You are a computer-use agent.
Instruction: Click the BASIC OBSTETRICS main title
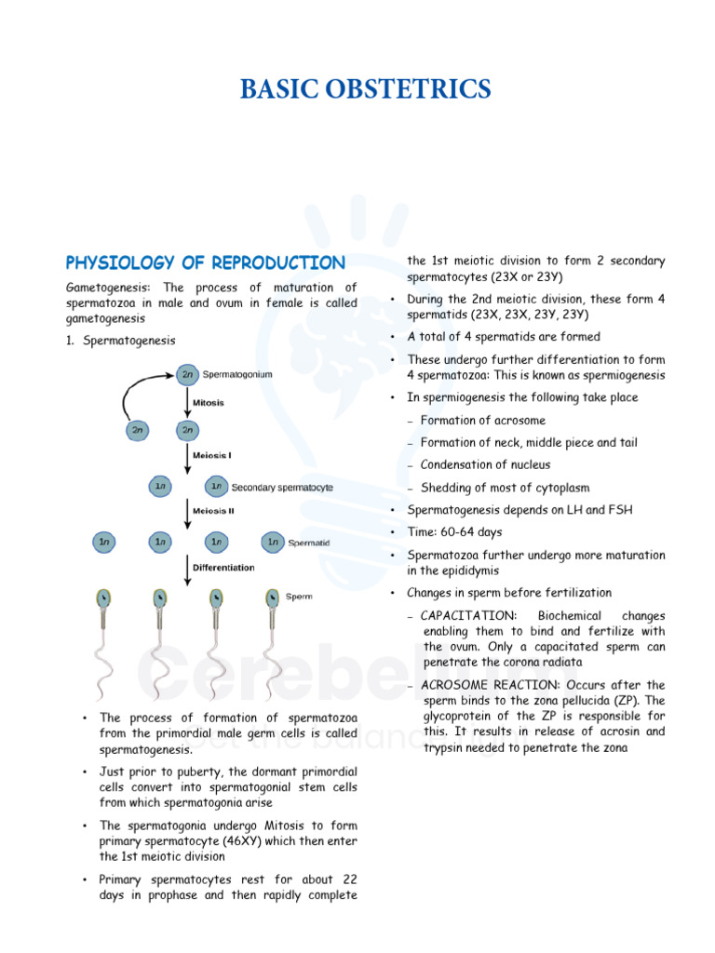pyautogui.click(x=365, y=89)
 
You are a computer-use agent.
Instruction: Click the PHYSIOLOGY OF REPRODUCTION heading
pyautogui.click(x=205, y=262)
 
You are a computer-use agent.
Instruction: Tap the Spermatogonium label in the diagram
pyautogui.click(x=237, y=374)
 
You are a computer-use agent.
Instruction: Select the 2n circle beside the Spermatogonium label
pyautogui.click(x=187, y=374)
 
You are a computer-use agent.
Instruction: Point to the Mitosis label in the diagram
pyautogui.click(x=209, y=402)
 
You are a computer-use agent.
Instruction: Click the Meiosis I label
pyautogui.click(x=212, y=456)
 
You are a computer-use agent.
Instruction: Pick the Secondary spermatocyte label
pyautogui.click(x=282, y=487)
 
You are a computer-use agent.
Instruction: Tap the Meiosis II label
pyautogui.click(x=213, y=511)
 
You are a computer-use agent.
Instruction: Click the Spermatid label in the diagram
pyautogui.click(x=308, y=543)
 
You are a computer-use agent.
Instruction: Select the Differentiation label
pyautogui.click(x=223, y=567)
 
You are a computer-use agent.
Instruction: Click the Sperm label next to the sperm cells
pyautogui.click(x=298, y=596)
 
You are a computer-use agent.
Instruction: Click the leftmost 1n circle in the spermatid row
pyautogui.click(x=104, y=542)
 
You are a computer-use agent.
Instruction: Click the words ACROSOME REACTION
pyautogui.click(x=481, y=685)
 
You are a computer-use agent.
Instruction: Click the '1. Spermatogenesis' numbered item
pyautogui.click(x=120, y=341)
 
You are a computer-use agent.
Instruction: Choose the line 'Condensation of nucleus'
pyautogui.click(x=485, y=465)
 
